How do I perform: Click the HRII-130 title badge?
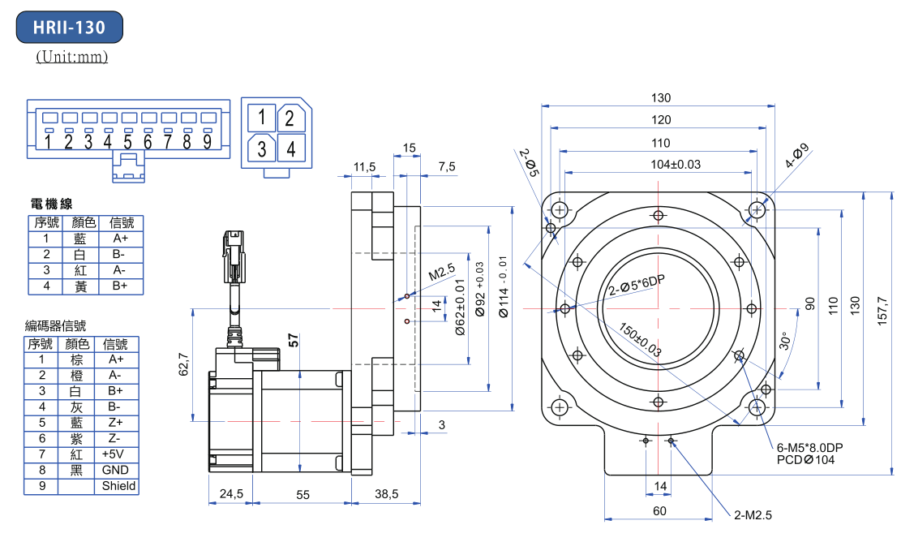coord(70,28)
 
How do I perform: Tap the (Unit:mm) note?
coord(71,58)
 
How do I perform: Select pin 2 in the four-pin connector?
coord(290,118)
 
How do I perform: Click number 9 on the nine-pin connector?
coord(207,142)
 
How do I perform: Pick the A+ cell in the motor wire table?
coord(120,239)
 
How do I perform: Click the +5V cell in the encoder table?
coord(114,454)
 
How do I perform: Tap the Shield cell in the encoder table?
coord(118,486)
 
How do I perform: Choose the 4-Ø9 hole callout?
coord(797,155)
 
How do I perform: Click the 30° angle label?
coord(783,341)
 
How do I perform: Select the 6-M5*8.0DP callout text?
coord(809,448)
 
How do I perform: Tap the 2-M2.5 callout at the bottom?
coord(753,514)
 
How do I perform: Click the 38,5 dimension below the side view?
coord(386,493)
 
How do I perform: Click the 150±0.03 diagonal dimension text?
coord(640,341)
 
